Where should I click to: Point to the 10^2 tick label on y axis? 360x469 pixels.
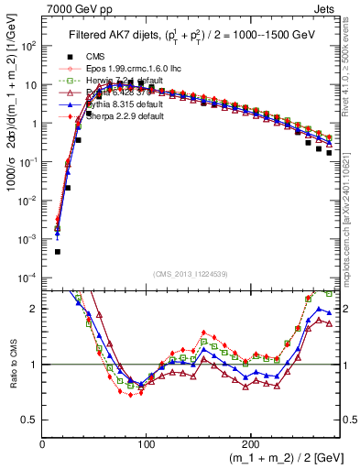(x=27, y=46)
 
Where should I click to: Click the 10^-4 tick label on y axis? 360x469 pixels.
(x=27, y=277)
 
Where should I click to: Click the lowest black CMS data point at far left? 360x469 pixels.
(x=57, y=251)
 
